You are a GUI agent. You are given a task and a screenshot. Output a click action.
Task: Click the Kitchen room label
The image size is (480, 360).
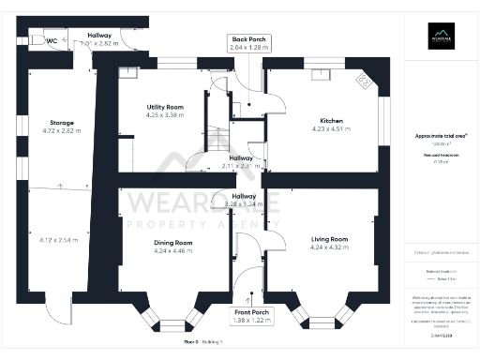click(331, 121)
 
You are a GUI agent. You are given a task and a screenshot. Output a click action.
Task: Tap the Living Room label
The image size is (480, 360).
click(329, 240)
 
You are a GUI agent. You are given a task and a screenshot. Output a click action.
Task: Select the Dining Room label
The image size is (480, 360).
click(172, 243)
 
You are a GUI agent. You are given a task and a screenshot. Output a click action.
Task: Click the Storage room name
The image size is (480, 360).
click(62, 123)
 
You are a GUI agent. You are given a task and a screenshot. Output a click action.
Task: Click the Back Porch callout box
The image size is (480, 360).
click(248, 42)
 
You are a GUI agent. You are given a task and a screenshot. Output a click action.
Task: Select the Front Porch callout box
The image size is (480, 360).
click(250, 317)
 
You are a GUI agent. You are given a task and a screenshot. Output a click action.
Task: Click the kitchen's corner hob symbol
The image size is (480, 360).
click(366, 82)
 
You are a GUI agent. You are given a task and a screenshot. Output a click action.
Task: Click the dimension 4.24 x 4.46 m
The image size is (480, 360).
click(172, 251)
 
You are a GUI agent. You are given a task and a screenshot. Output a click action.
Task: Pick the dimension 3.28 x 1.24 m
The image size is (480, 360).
click(244, 203)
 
